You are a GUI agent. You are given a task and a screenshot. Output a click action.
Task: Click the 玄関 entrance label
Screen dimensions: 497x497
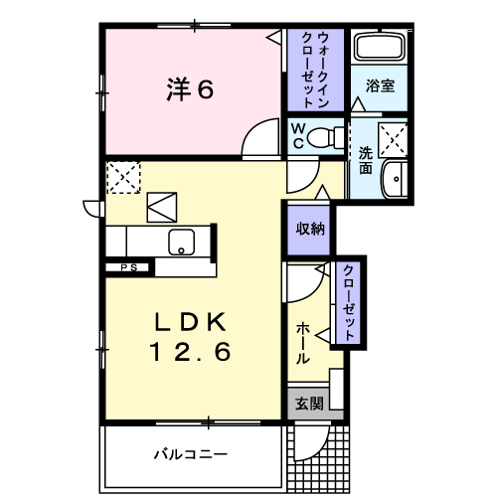[x=309, y=404]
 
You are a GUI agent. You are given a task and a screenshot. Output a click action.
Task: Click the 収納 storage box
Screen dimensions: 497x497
[x=309, y=228]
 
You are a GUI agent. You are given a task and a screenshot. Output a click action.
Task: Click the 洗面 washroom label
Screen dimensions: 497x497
[x=365, y=160]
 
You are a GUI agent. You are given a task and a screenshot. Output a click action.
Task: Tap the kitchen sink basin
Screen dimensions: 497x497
[x=183, y=241]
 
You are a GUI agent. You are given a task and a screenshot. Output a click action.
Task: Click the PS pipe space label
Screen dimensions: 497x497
[x=128, y=266]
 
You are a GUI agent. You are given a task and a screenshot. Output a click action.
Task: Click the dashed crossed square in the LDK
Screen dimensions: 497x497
[x=124, y=180]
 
